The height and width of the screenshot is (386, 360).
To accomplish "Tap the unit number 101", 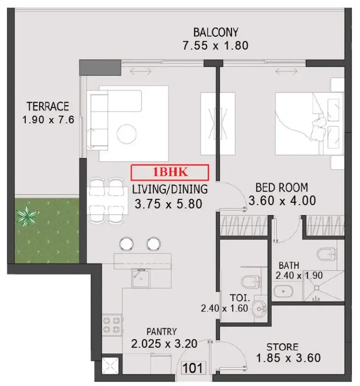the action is tap(192, 368).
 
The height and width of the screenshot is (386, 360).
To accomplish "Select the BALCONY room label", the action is tap(215, 32).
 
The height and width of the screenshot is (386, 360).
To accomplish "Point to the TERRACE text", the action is tap(48, 106).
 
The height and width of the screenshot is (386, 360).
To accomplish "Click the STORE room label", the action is tap(282, 347).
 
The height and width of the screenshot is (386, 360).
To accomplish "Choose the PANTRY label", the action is tap(162, 331).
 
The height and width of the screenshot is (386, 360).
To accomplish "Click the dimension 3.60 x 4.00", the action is tap(282, 200).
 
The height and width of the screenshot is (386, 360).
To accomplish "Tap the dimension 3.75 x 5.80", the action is tap(169, 204).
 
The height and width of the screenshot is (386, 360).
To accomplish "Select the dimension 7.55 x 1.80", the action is tap(215, 45).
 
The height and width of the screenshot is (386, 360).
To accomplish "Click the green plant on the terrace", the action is tap(27, 216).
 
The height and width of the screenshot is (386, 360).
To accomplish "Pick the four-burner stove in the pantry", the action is tap(112, 325).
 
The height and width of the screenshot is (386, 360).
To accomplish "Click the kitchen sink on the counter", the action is tap(141, 278).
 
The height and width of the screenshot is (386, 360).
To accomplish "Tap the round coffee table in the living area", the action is tap(126, 134).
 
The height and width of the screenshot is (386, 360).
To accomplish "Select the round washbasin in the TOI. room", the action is tap(259, 309).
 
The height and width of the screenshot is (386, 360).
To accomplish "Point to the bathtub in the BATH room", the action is tap(283, 291).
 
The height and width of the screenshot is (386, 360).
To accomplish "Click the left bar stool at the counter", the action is tap(126, 244).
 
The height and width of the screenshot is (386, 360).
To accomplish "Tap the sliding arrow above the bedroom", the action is tap(286, 71).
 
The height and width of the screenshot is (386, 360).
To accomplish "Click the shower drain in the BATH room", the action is tap(317, 288).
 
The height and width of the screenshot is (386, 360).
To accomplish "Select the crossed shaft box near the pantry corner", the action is tap(110, 364).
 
